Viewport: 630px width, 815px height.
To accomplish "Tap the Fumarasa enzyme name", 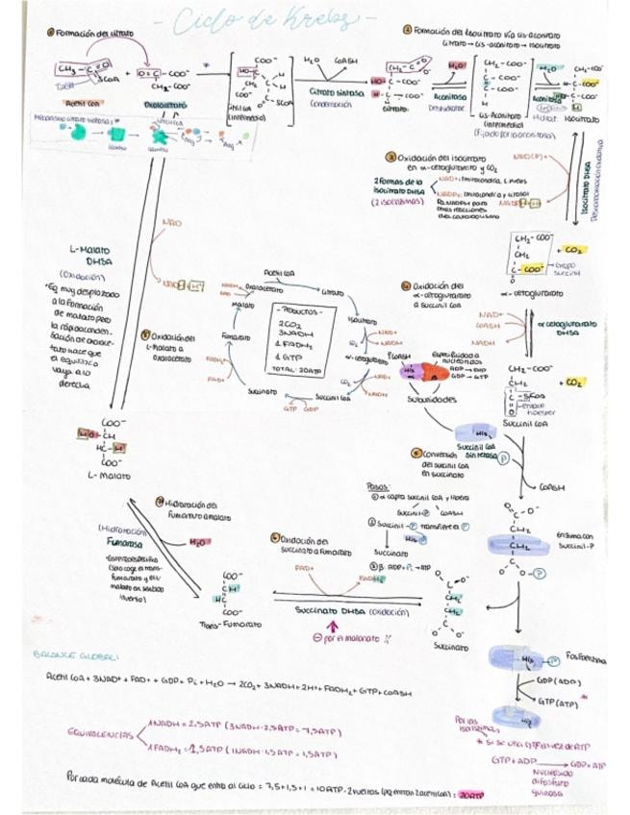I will [119, 542].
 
